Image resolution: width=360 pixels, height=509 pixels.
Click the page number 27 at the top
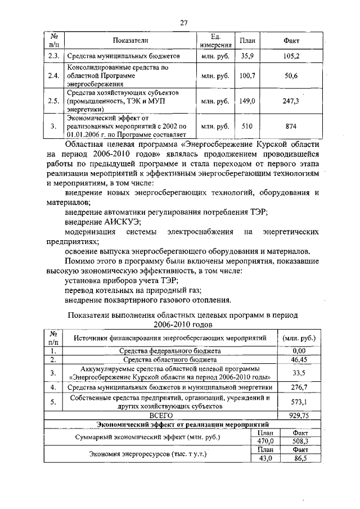[183, 22]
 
